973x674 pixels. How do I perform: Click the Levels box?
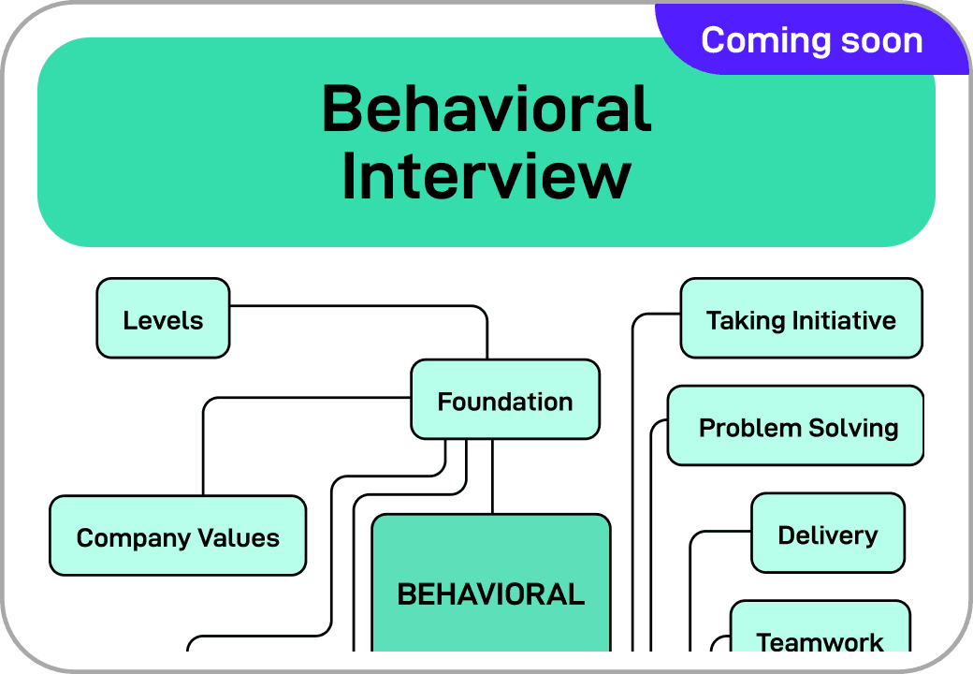(163, 319)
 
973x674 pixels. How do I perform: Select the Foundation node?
(505, 401)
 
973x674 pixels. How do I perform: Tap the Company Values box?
(178, 536)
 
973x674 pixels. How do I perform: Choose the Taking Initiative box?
(801, 319)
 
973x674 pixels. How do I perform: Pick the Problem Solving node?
(797, 427)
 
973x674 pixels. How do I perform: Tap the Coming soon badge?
(811, 39)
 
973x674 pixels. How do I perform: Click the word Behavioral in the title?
(486, 109)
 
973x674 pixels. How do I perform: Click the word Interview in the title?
(486, 176)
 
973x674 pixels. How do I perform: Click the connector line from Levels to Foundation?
(374, 306)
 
